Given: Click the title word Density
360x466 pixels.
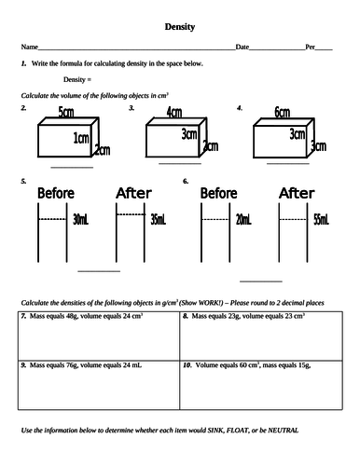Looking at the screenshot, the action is [180, 27].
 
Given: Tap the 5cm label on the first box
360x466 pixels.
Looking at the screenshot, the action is [66, 112].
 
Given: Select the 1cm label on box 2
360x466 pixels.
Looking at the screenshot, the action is [81, 138].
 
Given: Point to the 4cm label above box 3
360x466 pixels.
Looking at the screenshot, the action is [174, 112].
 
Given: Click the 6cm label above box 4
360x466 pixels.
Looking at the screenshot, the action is [283, 112].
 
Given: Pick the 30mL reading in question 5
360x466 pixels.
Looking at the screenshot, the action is [80, 220].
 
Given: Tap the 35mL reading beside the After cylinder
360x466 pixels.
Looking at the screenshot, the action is [159, 220].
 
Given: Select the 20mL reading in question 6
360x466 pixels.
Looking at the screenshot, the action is [243, 220].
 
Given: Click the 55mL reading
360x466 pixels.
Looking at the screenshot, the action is [321, 220].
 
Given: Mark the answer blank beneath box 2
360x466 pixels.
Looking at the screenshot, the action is [72, 168].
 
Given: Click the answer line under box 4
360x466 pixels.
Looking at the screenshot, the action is [288, 163].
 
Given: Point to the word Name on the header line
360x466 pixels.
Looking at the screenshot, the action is [30, 47].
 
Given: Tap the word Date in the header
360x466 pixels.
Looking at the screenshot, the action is [242, 47].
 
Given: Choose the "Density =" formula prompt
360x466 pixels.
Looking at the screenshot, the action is [77, 79].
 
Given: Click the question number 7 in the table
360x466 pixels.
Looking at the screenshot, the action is [23, 316].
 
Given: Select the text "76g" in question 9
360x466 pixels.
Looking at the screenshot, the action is [72, 365].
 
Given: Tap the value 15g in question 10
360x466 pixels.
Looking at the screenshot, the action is [304, 365].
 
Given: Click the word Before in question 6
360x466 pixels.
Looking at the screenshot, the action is [218, 193].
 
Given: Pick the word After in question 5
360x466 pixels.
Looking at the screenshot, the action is [133, 193].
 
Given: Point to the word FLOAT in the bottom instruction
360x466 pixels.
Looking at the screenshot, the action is [238, 431].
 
